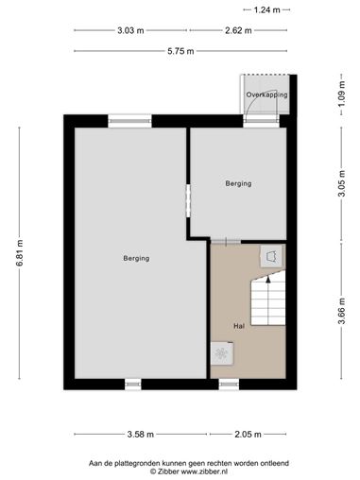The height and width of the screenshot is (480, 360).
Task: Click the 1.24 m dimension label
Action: (x=266, y=10)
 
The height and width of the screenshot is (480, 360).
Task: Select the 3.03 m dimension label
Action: (x=130, y=30)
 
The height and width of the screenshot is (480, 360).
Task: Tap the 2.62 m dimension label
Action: (x=238, y=30)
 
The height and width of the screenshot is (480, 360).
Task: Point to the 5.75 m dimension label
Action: (x=180, y=51)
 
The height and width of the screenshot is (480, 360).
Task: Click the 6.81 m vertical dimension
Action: (x=20, y=253)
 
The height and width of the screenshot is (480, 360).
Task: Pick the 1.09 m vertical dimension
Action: (x=342, y=94)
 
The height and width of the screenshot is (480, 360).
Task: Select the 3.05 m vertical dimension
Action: (x=342, y=183)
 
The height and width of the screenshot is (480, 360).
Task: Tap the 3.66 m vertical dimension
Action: (x=342, y=311)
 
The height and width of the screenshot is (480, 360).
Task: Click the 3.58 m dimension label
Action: (x=141, y=435)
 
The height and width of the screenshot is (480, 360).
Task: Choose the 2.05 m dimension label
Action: (x=248, y=435)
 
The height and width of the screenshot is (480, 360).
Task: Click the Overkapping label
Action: (x=266, y=94)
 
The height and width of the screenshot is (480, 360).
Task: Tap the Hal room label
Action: (x=239, y=326)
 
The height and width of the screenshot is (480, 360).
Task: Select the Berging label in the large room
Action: (x=136, y=258)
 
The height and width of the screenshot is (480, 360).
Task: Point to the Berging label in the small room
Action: (x=238, y=183)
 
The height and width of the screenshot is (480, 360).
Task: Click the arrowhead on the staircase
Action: (x=268, y=279)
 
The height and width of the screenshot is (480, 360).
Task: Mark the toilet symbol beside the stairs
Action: (x=271, y=257)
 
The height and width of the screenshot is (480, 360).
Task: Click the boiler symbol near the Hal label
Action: (x=222, y=353)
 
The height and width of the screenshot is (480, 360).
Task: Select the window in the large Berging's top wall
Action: (x=129, y=121)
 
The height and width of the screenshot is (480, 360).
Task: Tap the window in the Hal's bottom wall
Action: (x=229, y=385)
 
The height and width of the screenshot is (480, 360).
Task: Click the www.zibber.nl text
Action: (x=204, y=471)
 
